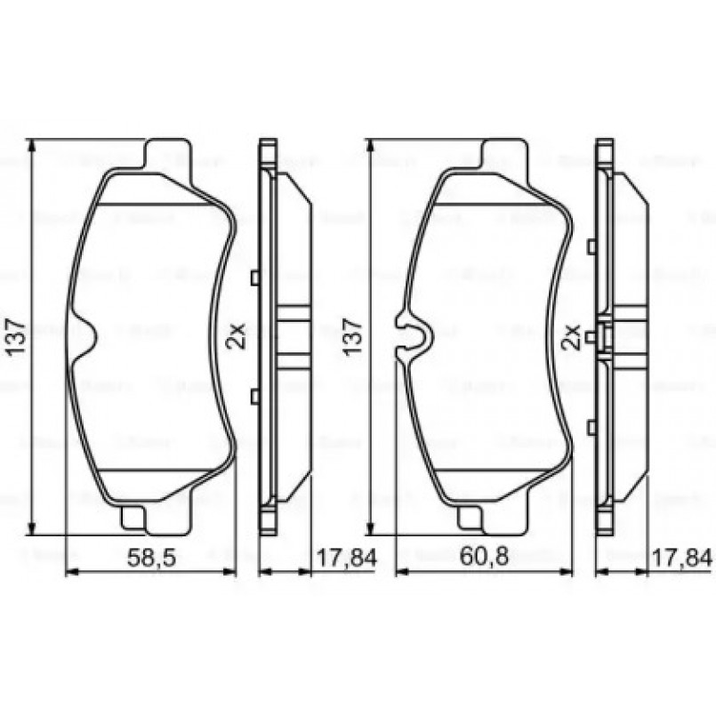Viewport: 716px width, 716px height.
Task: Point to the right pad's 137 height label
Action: pos(353,338)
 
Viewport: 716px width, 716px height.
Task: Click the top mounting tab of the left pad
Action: pos(167,153)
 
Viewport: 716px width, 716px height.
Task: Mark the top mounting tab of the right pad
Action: pos(503,153)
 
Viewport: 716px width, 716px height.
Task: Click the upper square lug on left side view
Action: pos(255,278)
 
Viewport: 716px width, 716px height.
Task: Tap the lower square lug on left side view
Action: pos(255,396)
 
